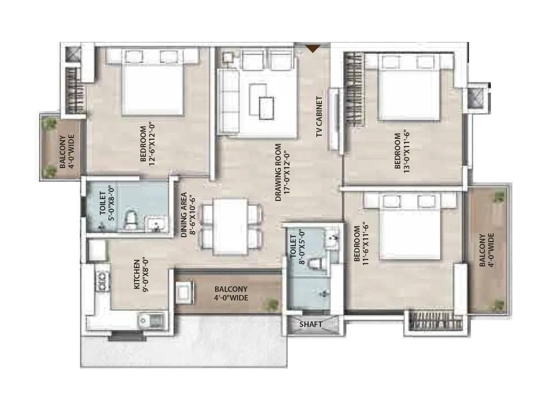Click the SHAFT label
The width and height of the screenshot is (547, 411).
311,325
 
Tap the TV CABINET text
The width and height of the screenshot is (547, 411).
319,117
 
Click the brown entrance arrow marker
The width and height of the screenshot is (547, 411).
313,47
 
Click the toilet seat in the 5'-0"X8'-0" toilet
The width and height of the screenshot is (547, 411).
130,220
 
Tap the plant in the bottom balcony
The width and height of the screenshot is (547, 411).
272,303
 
